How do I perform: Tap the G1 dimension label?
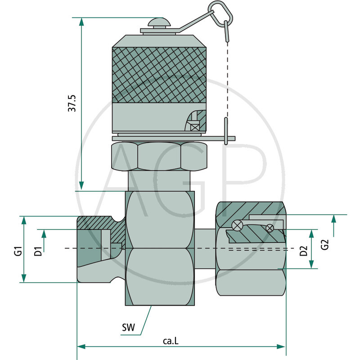[x=18, y=250]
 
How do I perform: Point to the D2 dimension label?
[x=304, y=250]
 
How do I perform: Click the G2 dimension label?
[x=325, y=245]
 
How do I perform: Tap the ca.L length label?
[x=171, y=341]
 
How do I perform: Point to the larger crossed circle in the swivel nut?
[x=238, y=225]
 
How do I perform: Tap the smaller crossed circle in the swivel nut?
[x=270, y=228]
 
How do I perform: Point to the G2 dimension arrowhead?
[x=333, y=219]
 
